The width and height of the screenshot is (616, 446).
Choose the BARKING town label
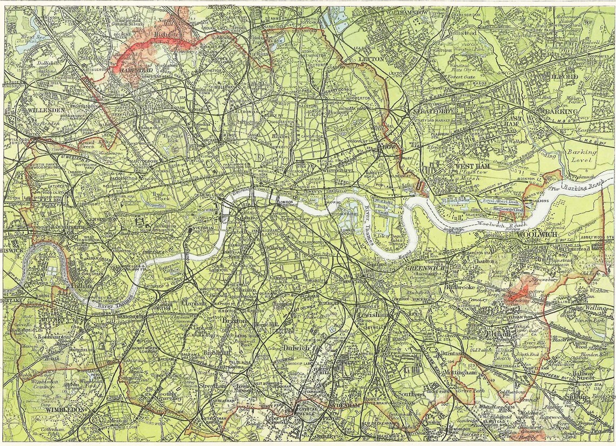[x=562, y=111]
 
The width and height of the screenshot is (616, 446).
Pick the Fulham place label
[x=81, y=285]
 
